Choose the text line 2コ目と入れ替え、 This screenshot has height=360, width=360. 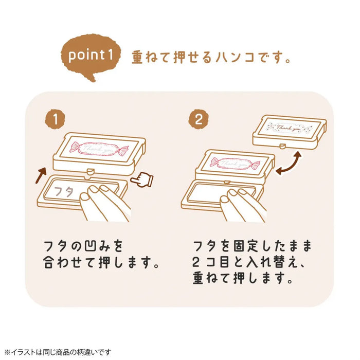point(247,262)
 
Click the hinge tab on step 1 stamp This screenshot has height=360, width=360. point(91,170)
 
